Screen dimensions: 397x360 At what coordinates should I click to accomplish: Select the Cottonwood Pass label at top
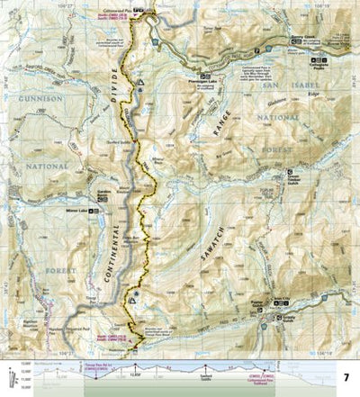point(137,9)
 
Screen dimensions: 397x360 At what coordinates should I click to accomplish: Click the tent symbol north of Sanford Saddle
point(141,83)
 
